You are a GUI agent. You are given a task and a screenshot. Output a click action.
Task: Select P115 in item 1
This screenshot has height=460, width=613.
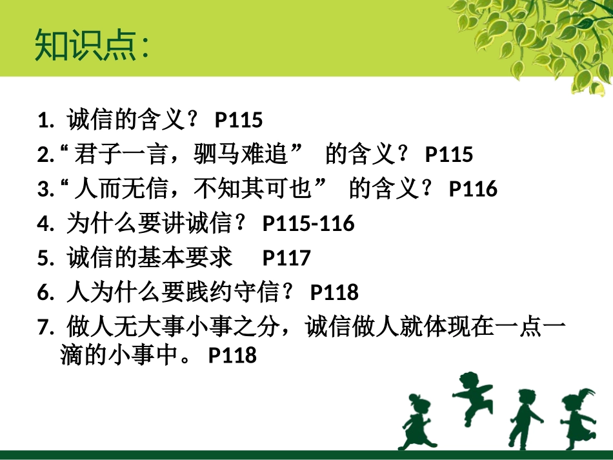239,120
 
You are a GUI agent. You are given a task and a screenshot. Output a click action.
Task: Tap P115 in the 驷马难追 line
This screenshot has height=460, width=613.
449,155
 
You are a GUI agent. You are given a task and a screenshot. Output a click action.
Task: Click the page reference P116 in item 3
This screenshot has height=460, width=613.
473,189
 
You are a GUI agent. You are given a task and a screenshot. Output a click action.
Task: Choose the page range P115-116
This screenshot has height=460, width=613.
308,224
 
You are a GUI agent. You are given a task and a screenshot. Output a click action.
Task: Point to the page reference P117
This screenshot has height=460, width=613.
286,258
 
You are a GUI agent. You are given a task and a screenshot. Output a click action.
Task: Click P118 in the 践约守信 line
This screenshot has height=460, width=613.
334,292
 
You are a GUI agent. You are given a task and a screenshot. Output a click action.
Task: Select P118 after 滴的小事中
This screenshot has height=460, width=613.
232,355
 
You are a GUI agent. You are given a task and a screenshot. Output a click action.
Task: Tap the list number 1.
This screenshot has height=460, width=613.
43,121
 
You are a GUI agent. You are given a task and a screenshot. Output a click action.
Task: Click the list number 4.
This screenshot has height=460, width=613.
43,224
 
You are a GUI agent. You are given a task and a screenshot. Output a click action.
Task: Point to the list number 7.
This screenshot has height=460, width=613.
43,327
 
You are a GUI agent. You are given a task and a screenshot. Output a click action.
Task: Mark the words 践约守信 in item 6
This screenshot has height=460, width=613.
233,292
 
